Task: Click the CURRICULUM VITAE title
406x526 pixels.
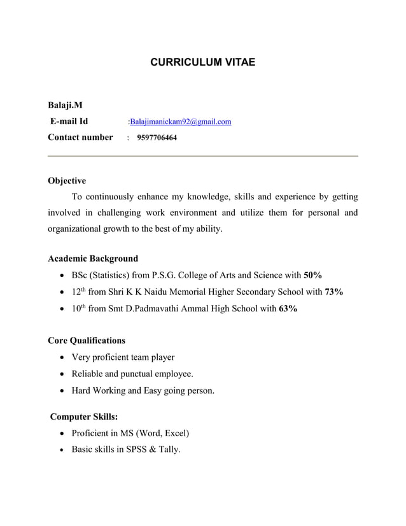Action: [x=202, y=62]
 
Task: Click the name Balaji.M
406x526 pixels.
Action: [x=65, y=104]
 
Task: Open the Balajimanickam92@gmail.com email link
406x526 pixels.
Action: [x=180, y=122]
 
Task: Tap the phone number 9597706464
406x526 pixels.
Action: [x=157, y=138]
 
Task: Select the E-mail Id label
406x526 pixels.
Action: [x=69, y=121]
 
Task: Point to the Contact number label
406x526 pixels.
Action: [x=80, y=137]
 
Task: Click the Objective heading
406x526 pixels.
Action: [x=67, y=181]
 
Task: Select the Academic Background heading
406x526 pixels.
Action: [x=93, y=259]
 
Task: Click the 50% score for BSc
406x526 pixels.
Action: [x=313, y=275]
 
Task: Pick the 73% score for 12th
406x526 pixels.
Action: [x=334, y=292]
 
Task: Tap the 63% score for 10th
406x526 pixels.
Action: [x=288, y=309]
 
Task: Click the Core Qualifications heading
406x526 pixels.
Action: [x=87, y=340]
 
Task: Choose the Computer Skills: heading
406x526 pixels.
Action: [x=84, y=417]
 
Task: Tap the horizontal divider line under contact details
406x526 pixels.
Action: [x=202, y=156]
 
